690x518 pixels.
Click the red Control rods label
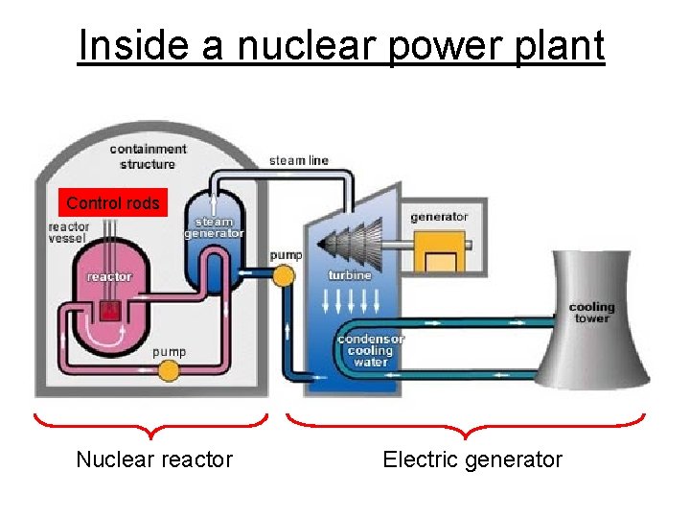pos(113,202)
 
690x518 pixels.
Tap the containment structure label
pos(148,155)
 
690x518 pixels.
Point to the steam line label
pos(298,160)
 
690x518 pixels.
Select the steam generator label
pos(214,227)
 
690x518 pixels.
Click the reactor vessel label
pos(68,232)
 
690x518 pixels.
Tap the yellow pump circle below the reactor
pos(170,371)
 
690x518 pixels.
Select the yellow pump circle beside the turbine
pos(283,276)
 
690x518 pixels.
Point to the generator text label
pos(439,217)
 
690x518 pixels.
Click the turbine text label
pos(349,274)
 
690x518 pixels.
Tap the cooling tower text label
pos(591,313)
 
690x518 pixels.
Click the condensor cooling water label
pos(371,350)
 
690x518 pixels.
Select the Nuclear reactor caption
pos(154,459)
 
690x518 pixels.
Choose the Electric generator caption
pos(472,459)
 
